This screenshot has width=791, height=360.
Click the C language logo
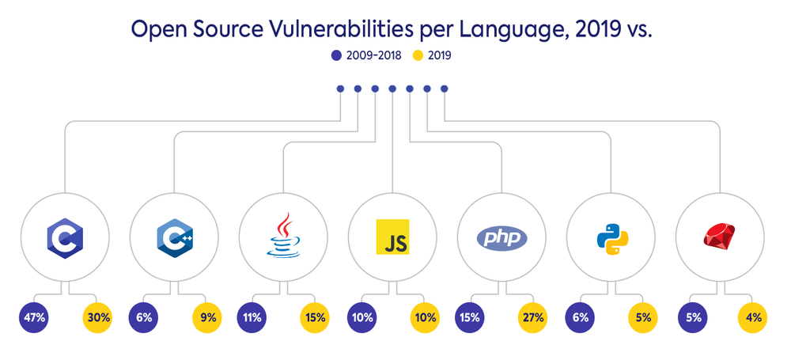click(65, 237)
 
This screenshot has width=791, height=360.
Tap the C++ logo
click(174, 237)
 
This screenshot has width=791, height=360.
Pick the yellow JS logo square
click(393, 237)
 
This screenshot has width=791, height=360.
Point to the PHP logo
click(502, 237)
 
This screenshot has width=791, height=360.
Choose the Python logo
click(611, 237)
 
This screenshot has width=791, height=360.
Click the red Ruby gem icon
click(721, 237)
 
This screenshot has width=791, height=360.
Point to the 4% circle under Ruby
click(752, 319)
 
